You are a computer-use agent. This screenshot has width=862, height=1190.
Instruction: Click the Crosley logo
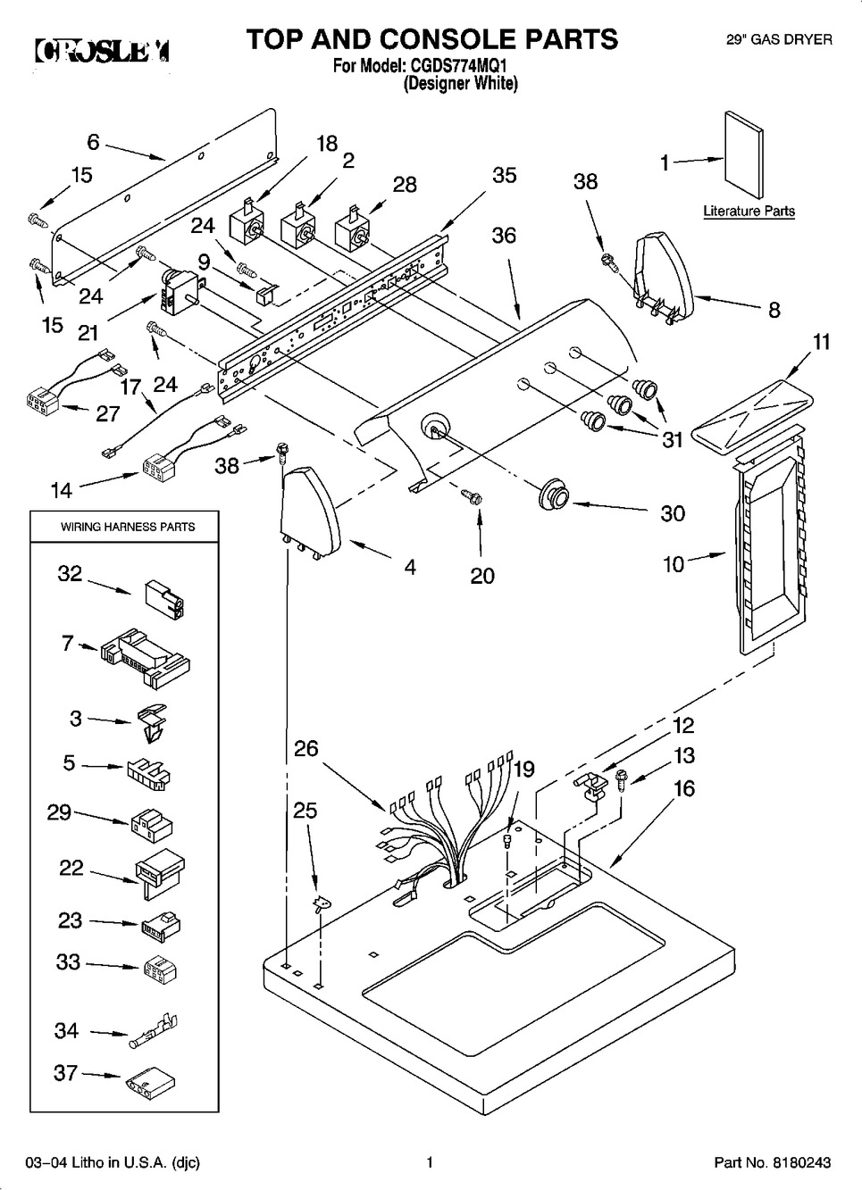(x=102, y=50)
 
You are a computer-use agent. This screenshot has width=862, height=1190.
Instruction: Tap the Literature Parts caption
(x=749, y=212)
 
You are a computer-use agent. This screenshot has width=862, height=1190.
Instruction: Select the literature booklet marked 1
(x=743, y=154)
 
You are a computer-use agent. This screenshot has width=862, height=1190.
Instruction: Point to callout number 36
(x=504, y=235)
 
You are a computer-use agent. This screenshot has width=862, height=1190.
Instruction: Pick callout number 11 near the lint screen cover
(x=821, y=341)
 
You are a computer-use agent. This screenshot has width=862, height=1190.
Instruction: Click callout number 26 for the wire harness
(x=305, y=748)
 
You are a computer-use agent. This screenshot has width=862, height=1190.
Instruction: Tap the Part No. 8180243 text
(x=772, y=1162)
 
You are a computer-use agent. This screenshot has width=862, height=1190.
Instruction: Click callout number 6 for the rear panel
(x=93, y=141)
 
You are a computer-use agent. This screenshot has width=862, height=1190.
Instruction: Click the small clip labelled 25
(x=317, y=905)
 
